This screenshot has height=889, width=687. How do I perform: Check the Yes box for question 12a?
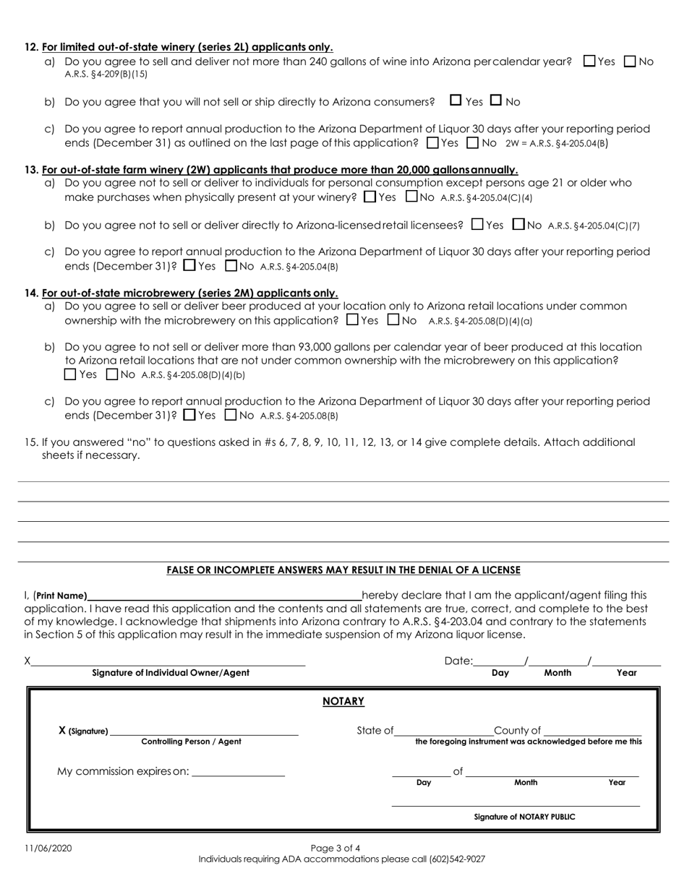[x=589, y=62]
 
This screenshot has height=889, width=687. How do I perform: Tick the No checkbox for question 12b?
[x=496, y=100]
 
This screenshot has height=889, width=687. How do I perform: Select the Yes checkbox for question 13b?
[x=477, y=225]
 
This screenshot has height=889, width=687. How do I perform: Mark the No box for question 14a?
[x=394, y=319]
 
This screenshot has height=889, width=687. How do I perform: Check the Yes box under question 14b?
[x=70, y=374]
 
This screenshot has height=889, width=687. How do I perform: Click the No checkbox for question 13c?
[x=231, y=265]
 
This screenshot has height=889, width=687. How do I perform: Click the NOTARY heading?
[x=343, y=702]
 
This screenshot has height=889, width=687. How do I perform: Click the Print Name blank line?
[x=224, y=596]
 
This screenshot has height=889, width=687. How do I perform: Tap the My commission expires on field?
[x=239, y=772]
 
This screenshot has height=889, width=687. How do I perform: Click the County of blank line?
[x=594, y=731]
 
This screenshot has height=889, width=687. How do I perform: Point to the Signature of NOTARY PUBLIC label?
[x=524, y=817]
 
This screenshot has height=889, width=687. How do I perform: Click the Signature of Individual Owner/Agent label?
[x=171, y=673]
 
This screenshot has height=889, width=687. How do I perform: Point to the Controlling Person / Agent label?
[x=191, y=742]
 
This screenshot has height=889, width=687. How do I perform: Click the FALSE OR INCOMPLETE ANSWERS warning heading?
[x=343, y=570]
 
